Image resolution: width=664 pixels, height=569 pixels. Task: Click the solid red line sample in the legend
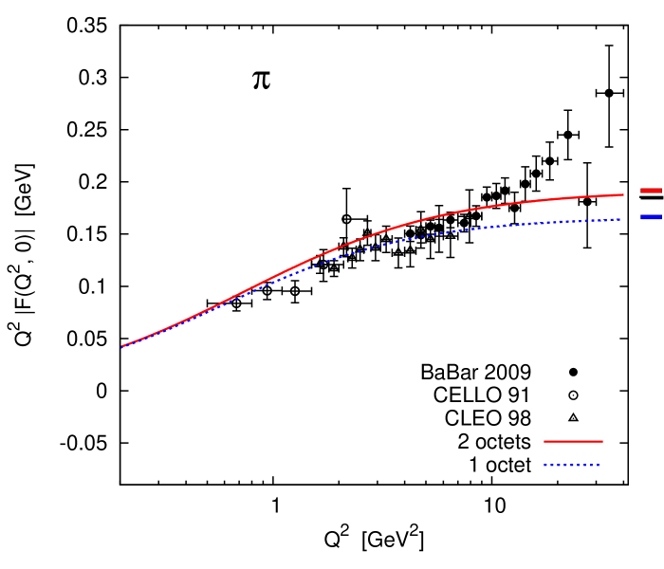pyautogui.click(x=573, y=441)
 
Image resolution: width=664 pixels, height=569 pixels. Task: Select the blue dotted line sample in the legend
pyautogui.click(x=572, y=465)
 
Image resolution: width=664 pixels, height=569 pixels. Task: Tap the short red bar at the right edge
pyautogui.click(x=651, y=191)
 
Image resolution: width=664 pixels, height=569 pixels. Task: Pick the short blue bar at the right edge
pyautogui.click(x=651, y=217)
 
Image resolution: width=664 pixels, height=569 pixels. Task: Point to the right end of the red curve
pyautogui.click(x=623, y=194)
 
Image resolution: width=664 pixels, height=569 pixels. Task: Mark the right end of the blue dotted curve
pyautogui.click(x=620, y=219)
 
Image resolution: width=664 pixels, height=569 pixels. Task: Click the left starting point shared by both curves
pyautogui.click(x=122, y=346)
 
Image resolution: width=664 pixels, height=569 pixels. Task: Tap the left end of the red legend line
pyautogui.click(x=544, y=441)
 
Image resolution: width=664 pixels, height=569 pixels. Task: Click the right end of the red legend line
pyautogui.click(x=602, y=441)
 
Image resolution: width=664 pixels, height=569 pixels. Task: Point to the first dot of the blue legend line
pyautogui.click(x=545, y=465)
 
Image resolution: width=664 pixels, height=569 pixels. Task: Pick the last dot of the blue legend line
pyautogui.click(x=599, y=465)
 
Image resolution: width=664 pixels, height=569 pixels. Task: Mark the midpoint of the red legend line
pyautogui.click(x=573, y=441)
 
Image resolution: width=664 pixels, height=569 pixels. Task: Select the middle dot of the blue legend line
pyautogui.click(x=572, y=465)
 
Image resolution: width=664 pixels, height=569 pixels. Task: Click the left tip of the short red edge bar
pyautogui.click(x=641, y=191)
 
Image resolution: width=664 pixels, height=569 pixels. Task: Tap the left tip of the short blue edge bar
pyautogui.click(x=641, y=217)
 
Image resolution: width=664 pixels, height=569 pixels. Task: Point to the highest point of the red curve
pyautogui.click(x=622, y=194)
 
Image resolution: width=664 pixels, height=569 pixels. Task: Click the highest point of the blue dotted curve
pyautogui.click(x=619, y=219)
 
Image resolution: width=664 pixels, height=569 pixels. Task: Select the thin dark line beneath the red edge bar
pyautogui.click(x=651, y=195)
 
